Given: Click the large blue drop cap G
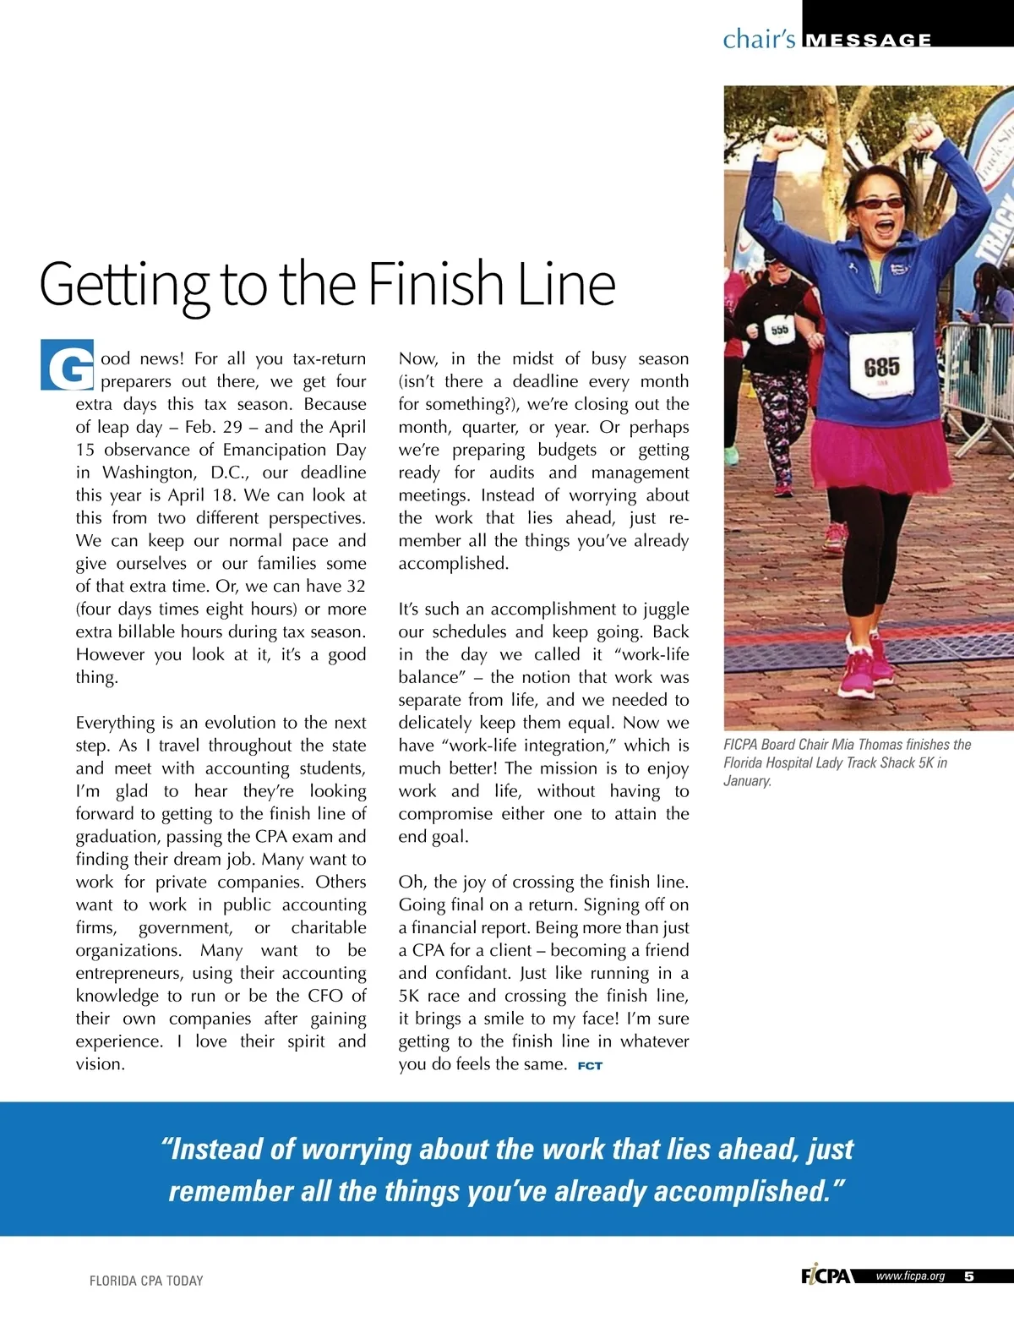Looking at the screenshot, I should coord(67,365).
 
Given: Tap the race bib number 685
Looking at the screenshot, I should coord(881,366).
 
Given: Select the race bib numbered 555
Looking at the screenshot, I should coord(777,329).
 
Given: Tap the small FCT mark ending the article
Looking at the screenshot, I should coord(590,1066).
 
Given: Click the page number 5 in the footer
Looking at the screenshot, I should coord(968,1276).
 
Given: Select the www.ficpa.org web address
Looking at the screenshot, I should coord(910,1276).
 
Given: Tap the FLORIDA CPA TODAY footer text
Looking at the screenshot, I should coord(146,1281).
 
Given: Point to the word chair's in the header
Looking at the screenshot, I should coord(759,39).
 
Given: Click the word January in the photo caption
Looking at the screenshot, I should coord(747,780).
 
